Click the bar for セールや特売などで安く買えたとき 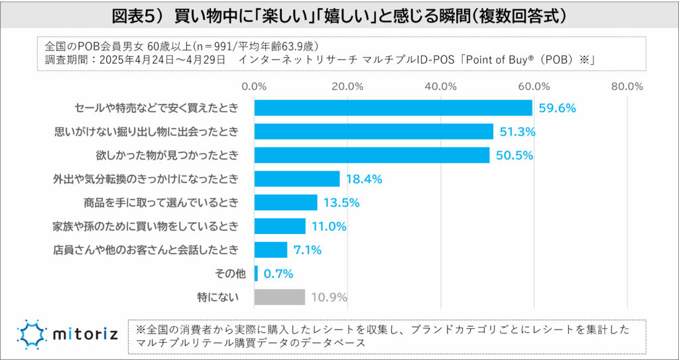(393, 107)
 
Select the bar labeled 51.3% (374, 131)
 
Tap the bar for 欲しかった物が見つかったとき (372, 155)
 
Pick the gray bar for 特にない (280, 297)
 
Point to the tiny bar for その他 (256, 273)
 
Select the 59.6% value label (557, 108)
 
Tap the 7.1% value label (308, 250)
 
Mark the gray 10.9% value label (330, 297)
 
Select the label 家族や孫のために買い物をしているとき (145, 226)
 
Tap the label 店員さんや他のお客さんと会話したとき (145, 250)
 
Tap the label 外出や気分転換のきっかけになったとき (145, 179)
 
